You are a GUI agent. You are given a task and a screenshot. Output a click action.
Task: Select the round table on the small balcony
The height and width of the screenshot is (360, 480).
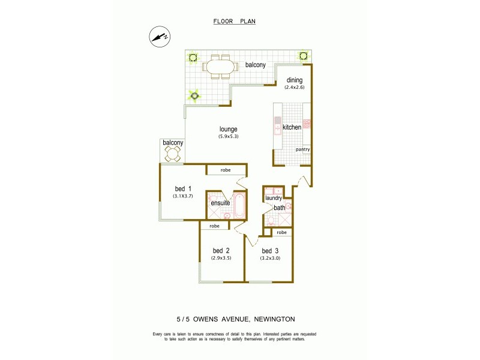(173, 154)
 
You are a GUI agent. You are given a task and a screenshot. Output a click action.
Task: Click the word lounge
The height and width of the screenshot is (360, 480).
(228, 129)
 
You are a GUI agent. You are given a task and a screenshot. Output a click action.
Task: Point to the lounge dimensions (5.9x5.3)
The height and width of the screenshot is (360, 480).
(228, 137)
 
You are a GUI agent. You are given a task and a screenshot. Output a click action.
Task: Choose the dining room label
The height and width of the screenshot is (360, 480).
(294, 80)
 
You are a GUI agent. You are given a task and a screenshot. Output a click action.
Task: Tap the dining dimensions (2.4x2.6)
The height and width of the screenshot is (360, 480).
(294, 88)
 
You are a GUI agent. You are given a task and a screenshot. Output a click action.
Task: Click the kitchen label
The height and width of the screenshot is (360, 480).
(292, 127)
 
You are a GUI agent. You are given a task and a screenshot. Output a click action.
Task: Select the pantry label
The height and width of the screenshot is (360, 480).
(302, 149)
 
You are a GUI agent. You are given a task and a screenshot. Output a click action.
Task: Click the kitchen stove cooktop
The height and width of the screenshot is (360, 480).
(307, 124)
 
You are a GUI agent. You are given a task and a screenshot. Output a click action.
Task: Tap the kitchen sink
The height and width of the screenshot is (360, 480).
(277, 127)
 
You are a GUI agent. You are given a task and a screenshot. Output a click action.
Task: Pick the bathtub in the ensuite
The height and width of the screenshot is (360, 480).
(238, 206)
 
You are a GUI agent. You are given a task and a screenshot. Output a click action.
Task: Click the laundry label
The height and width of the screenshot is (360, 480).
(274, 198)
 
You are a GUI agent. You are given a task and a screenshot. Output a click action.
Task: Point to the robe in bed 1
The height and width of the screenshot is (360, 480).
(226, 170)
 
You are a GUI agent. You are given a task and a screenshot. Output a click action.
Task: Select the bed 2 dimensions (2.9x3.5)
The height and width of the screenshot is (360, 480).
(221, 258)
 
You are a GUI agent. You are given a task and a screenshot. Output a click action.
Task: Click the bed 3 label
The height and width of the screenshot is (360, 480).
(269, 250)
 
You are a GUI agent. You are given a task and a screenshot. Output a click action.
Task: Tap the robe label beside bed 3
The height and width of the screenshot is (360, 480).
(281, 232)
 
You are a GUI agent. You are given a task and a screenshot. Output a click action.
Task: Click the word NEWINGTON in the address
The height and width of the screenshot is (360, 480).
(285, 320)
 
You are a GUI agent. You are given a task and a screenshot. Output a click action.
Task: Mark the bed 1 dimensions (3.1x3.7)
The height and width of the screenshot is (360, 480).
(183, 196)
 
